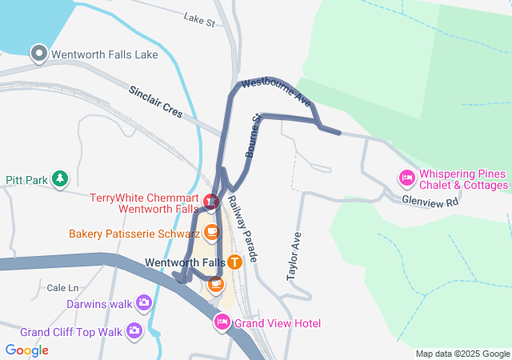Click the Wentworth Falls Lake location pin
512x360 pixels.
(x=38, y=54)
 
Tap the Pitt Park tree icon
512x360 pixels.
(x=60, y=179)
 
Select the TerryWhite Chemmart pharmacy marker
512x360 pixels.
(x=211, y=202)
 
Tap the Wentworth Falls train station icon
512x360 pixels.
(x=234, y=262)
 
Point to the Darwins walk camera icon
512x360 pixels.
(x=144, y=302)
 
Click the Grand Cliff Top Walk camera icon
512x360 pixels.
(x=134, y=330)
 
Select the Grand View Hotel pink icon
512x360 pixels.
(x=222, y=322)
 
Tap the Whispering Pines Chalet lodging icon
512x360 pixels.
(x=407, y=177)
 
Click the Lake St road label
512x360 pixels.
(x=199, y=18)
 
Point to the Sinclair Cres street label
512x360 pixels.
(x=155, y=102)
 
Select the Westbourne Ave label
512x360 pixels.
(x=275, y=92)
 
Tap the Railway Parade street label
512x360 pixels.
(x=242, y=229)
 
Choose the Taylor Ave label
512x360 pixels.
(x=294, y=256)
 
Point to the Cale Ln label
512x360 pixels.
(x=63, y=287)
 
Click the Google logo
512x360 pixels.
(x=27, y=350)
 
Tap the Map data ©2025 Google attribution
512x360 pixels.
(x=462, y=354)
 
